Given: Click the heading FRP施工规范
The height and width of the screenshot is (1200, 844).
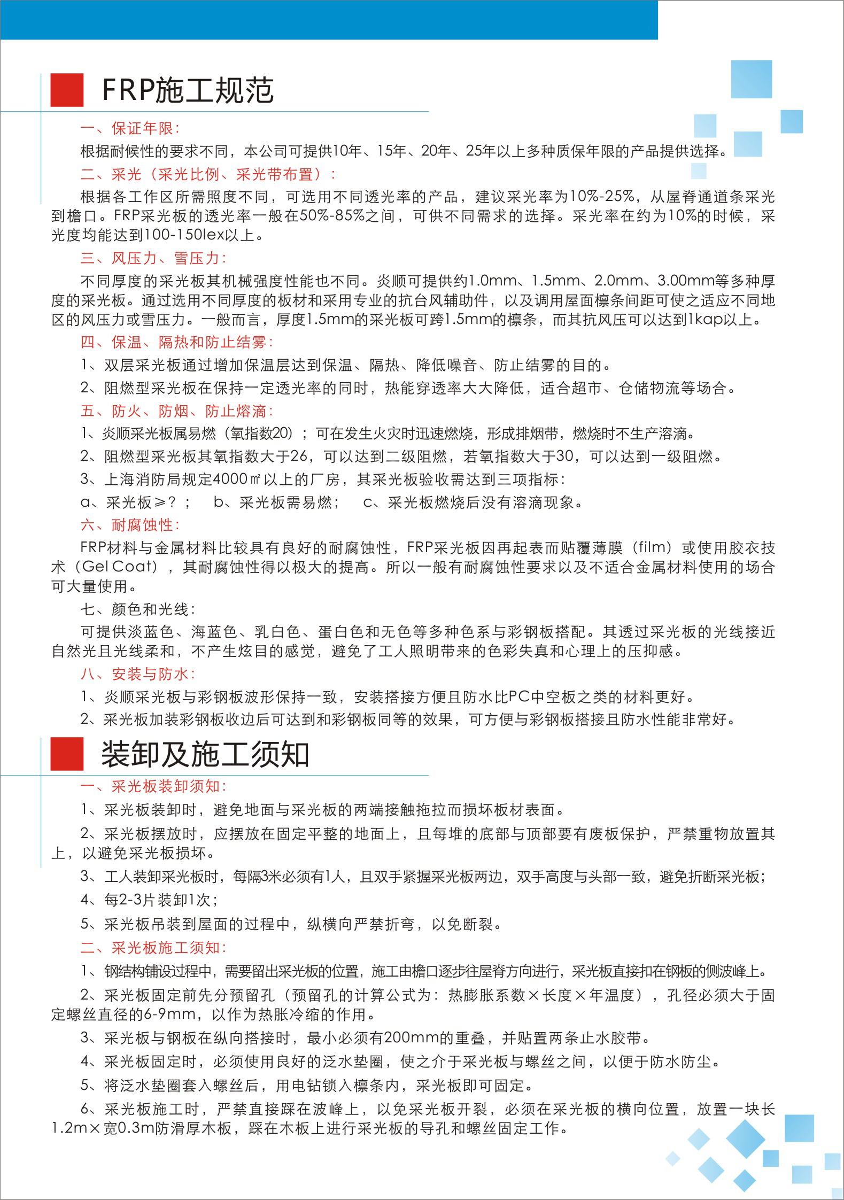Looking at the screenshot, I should pos(188,90).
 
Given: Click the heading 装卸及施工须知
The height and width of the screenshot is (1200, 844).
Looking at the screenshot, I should pos(205,754).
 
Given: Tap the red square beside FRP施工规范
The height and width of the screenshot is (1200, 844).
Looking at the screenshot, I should pos(67,90).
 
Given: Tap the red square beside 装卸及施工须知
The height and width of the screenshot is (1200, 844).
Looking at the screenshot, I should pos(67,754).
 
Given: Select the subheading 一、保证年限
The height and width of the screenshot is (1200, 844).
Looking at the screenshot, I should pos(130,128).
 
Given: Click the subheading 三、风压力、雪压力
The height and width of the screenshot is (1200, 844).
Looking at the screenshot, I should pos(153,258).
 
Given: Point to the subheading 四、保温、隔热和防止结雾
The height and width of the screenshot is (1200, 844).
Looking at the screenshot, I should pos(176,342).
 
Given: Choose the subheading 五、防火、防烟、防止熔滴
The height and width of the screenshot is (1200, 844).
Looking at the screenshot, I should pos(176,411).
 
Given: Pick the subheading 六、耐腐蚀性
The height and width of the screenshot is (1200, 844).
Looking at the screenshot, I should pos(130,525).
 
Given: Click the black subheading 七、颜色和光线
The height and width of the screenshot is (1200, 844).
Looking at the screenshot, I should pos(138,609).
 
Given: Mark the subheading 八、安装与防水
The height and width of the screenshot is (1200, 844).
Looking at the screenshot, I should pos(138,674).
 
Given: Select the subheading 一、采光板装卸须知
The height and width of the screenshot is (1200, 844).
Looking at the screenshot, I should pos(153,786).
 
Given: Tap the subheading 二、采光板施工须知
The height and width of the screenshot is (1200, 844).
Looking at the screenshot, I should pos(153,948).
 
